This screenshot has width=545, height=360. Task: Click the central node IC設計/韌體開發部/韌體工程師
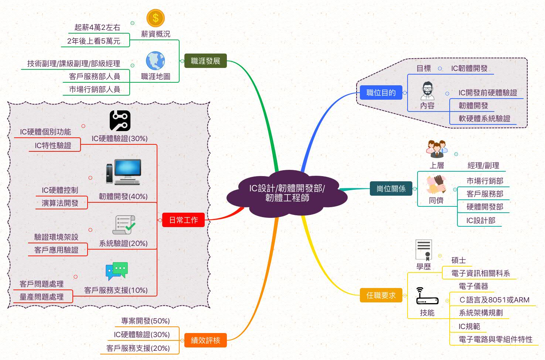pyautogui.click(x=287, y=193)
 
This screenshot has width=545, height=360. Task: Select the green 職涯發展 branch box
pyautogui.click(x=205, y=61)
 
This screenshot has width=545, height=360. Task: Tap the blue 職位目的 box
pyautogui.click(x=381, y=93)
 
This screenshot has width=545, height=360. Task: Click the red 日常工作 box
pyautogui.click(x=183, y=220)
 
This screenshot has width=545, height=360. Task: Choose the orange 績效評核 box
pyautogui.click(x=205, y=340)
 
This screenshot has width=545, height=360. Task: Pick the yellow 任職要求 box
pyautogui.click(x=381, y=295)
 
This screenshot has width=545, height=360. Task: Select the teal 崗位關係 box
pyautogui.click(x=391, y=189)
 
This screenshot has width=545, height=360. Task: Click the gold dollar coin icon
pyautogui.click(x=156, y=18)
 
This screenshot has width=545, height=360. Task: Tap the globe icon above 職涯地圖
pyautogui.click(x=155, y=61)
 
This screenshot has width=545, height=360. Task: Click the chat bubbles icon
pyautogui.click(x=117, y=271)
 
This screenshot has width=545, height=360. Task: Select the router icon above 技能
pyautogui.click(x=427, y=296)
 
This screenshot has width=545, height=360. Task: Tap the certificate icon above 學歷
pyautogui.click(x=423, y=250)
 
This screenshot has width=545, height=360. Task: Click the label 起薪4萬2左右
pyautogui.click(x=97, y=27)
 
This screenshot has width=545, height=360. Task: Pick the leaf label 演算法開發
pyautogui.click(x=60, y=203)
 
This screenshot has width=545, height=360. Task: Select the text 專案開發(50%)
pyautogui.click(x=146, y=321)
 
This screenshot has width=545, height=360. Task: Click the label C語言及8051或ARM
pyautogui.click(x=494, y=300)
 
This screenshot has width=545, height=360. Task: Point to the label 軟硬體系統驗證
pyautogui.click(x=484, y=119)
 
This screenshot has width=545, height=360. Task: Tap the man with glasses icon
pyautogui.click(x=428, y=91)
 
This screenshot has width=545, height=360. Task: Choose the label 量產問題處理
pyautogui.click(x=41, y=297)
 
